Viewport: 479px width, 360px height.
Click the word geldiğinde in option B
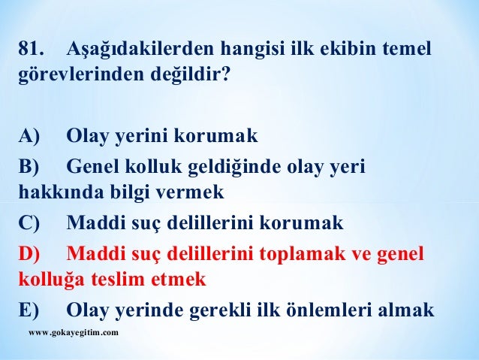(x=238, y=165)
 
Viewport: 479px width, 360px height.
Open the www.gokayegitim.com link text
(x=72, y=331)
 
